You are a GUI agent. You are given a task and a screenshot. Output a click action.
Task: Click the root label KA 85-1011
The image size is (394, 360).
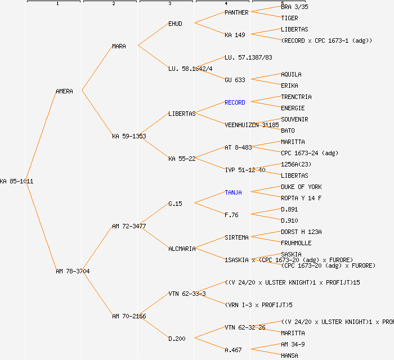coord(16,181)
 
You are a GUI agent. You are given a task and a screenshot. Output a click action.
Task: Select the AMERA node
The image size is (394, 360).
coord(64,91)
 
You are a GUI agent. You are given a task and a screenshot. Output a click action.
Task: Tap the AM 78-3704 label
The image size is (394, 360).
coord(73,271)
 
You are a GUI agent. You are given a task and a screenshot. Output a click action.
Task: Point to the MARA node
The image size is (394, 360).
coord(119,46)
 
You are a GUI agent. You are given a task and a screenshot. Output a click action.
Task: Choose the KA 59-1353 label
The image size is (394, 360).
coord(129,136)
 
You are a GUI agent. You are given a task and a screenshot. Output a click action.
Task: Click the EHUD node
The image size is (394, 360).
coord(175,24)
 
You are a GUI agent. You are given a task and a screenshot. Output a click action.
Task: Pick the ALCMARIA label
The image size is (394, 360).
coord(182,249)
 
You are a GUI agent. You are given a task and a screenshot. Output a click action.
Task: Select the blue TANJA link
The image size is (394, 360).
coord(233,192)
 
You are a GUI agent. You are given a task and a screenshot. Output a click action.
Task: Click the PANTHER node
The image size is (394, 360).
coord(236,12)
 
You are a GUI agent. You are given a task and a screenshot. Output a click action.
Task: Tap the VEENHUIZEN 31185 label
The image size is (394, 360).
coord(252,125)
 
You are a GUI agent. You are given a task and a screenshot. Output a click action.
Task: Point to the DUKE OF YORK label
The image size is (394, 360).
coord(301,187)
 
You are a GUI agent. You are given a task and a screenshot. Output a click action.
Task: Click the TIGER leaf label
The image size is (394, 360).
coord(289,18)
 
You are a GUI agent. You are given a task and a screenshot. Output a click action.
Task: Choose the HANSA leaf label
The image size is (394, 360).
coord(289,355)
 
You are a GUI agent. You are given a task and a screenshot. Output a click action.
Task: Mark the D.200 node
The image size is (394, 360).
coord(177,339)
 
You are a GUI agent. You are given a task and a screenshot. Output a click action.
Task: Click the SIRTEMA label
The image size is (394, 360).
coord(236,237)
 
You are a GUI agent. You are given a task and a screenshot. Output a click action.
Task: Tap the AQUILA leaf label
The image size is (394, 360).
coord(291,74)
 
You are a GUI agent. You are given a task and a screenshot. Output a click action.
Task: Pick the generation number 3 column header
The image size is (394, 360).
coord(169,4)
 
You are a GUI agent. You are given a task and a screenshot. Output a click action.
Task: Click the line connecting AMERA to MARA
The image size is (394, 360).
coord(97,68)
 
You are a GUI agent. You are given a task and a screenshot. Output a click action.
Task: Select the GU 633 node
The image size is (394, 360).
coord(235,80)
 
